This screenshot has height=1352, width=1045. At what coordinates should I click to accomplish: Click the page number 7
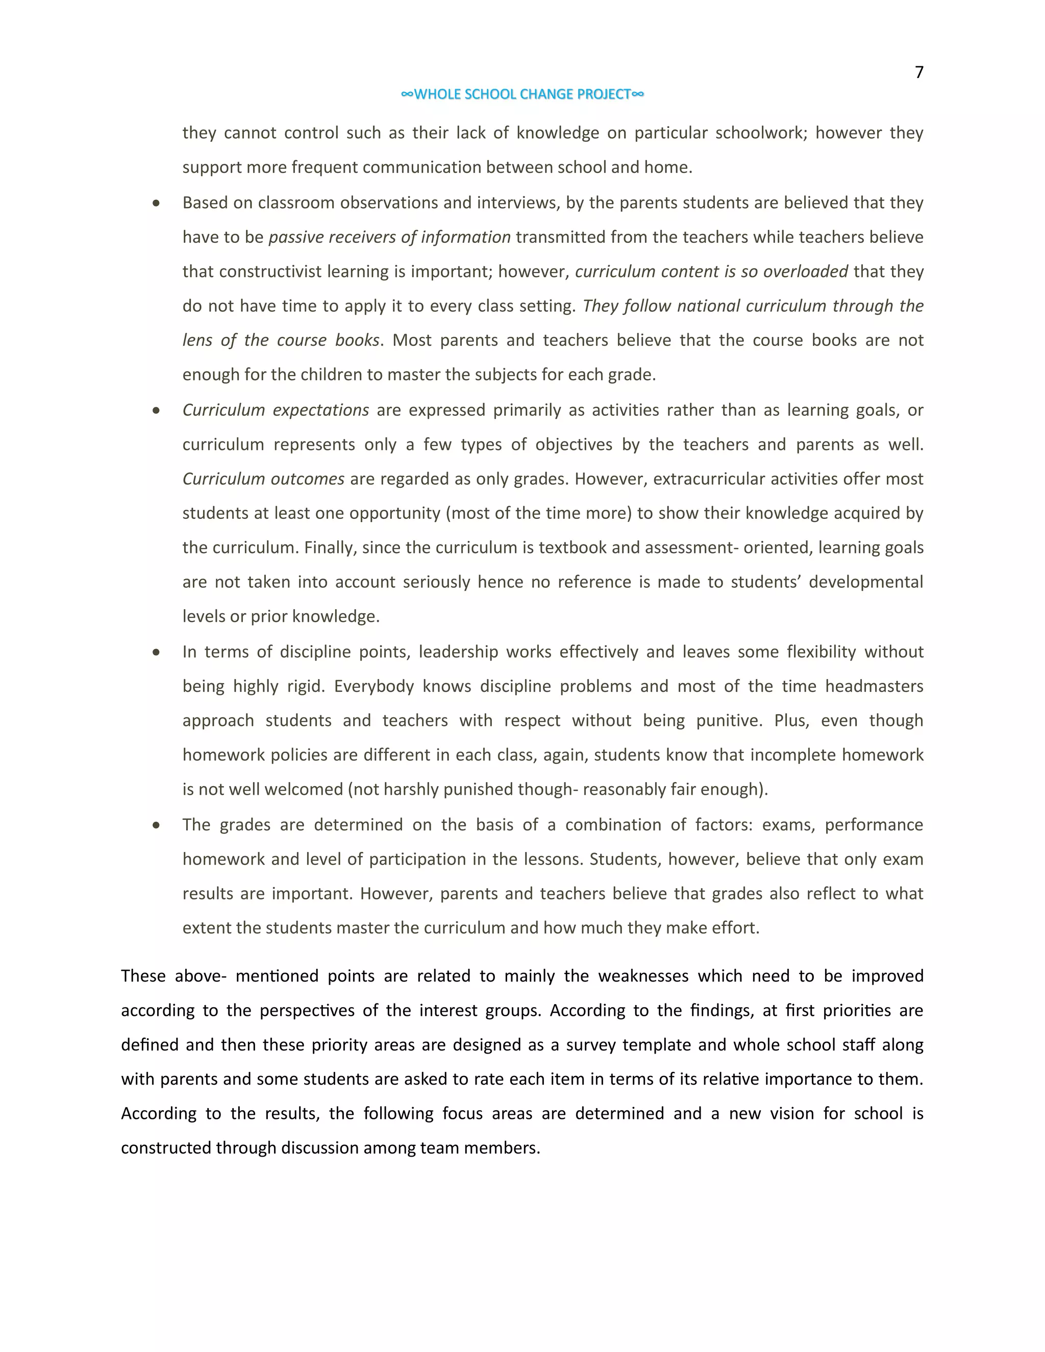tap(918, 73)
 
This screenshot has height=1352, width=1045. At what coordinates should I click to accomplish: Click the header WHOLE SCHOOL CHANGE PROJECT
tap(522, 94)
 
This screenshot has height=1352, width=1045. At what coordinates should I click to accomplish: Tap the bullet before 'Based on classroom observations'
tap(156, 203)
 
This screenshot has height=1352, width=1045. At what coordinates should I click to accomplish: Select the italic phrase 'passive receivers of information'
tap(389, 237)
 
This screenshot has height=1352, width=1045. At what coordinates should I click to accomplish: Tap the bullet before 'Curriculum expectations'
tap(156, 410)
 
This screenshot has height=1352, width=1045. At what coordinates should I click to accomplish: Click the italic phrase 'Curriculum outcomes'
tap(263, 479)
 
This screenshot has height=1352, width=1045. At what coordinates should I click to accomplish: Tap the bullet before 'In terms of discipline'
tap(156, 652)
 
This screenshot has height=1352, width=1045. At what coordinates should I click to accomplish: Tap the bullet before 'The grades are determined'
tap(156, 825)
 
